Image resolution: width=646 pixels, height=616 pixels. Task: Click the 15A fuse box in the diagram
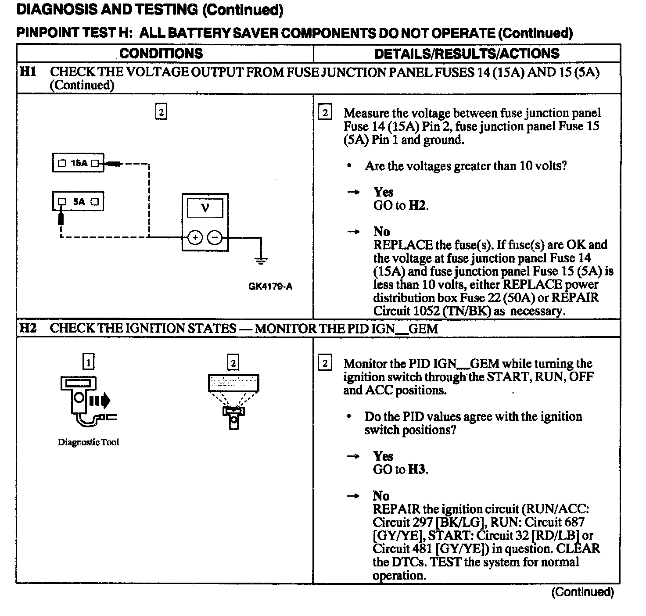[x=78, y=163]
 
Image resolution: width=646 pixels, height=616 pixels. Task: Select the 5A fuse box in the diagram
[x=78, y=201]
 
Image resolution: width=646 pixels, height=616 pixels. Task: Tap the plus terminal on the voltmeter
[x=195, y=238]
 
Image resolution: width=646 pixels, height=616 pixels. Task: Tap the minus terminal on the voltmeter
[x=215, y=238]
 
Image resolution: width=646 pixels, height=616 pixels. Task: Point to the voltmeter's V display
[x=205, y=208]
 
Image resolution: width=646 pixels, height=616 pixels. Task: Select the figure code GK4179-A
[x=270, y=287]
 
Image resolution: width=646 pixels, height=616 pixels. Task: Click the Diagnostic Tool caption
[x=88, y=442]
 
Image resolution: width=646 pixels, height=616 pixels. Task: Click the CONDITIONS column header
[x=161, y=54]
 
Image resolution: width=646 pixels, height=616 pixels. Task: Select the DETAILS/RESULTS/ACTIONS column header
[x=467, y=54]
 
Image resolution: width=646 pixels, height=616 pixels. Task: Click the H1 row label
[x=28, y=72]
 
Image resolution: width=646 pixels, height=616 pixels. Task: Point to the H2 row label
[x=28, y=328]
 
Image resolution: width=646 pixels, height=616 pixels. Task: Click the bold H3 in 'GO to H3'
[x=417, y=469]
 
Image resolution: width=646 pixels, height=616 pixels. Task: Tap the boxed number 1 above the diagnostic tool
[x=89, y=362]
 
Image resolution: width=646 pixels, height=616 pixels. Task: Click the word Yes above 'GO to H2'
[x=384, y=192]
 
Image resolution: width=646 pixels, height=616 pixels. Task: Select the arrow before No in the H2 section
[x=353, y=496]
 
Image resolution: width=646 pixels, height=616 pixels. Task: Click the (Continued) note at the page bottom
[x=582, y=592]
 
